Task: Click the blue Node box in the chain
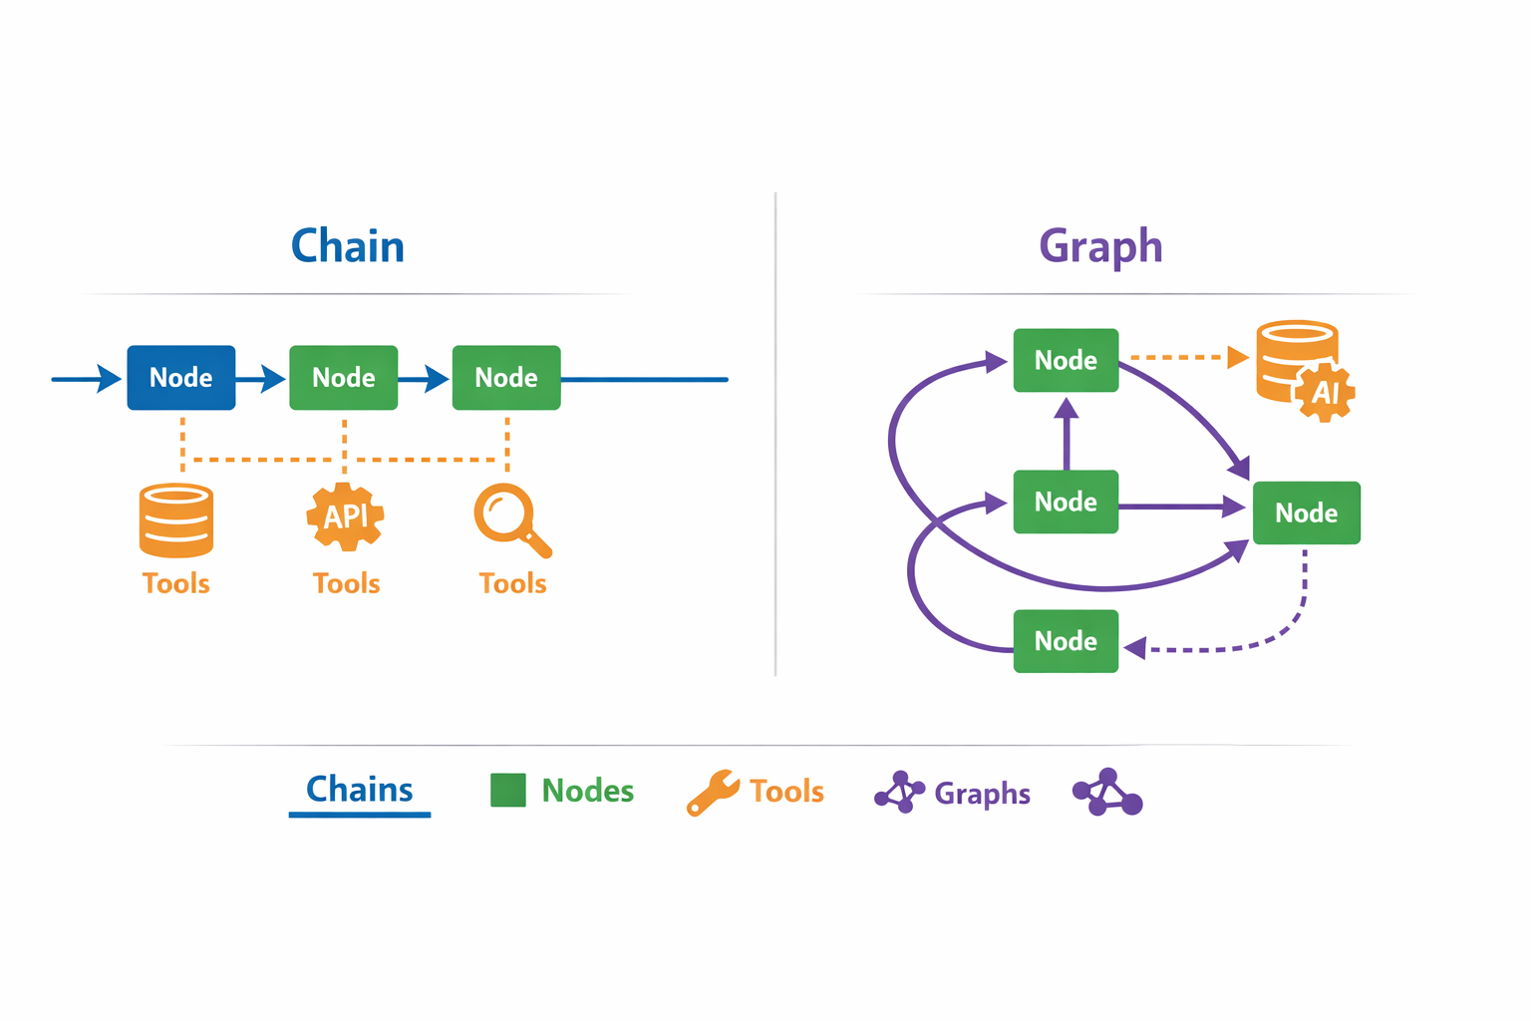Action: click(x=181, y=378)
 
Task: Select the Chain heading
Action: click(x=348, y=246)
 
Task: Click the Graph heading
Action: click(x=1100, y=246)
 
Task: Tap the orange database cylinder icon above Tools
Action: click(x=176, y=520)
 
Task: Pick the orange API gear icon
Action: click(x=345, y=516)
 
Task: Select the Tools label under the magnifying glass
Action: click(x=512, y=583)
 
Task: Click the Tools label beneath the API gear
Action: click(x=346, y=583)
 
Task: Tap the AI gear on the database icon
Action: click(x=1325, y=392)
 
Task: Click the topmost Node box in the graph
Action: click(x=1066, y=360)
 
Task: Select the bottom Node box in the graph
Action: click(x=1066, y=641)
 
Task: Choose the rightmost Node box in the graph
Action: click(x=1306, y=512)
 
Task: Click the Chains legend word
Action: click(x=359, y=790)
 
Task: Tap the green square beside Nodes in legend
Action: click(x=508, y=791)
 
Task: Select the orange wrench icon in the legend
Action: click(x=712, y=793)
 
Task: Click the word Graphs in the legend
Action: click(x=982, y=794)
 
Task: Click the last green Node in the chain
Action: click(x=506, y=378)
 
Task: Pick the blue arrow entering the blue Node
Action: click(x=87, y=379)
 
